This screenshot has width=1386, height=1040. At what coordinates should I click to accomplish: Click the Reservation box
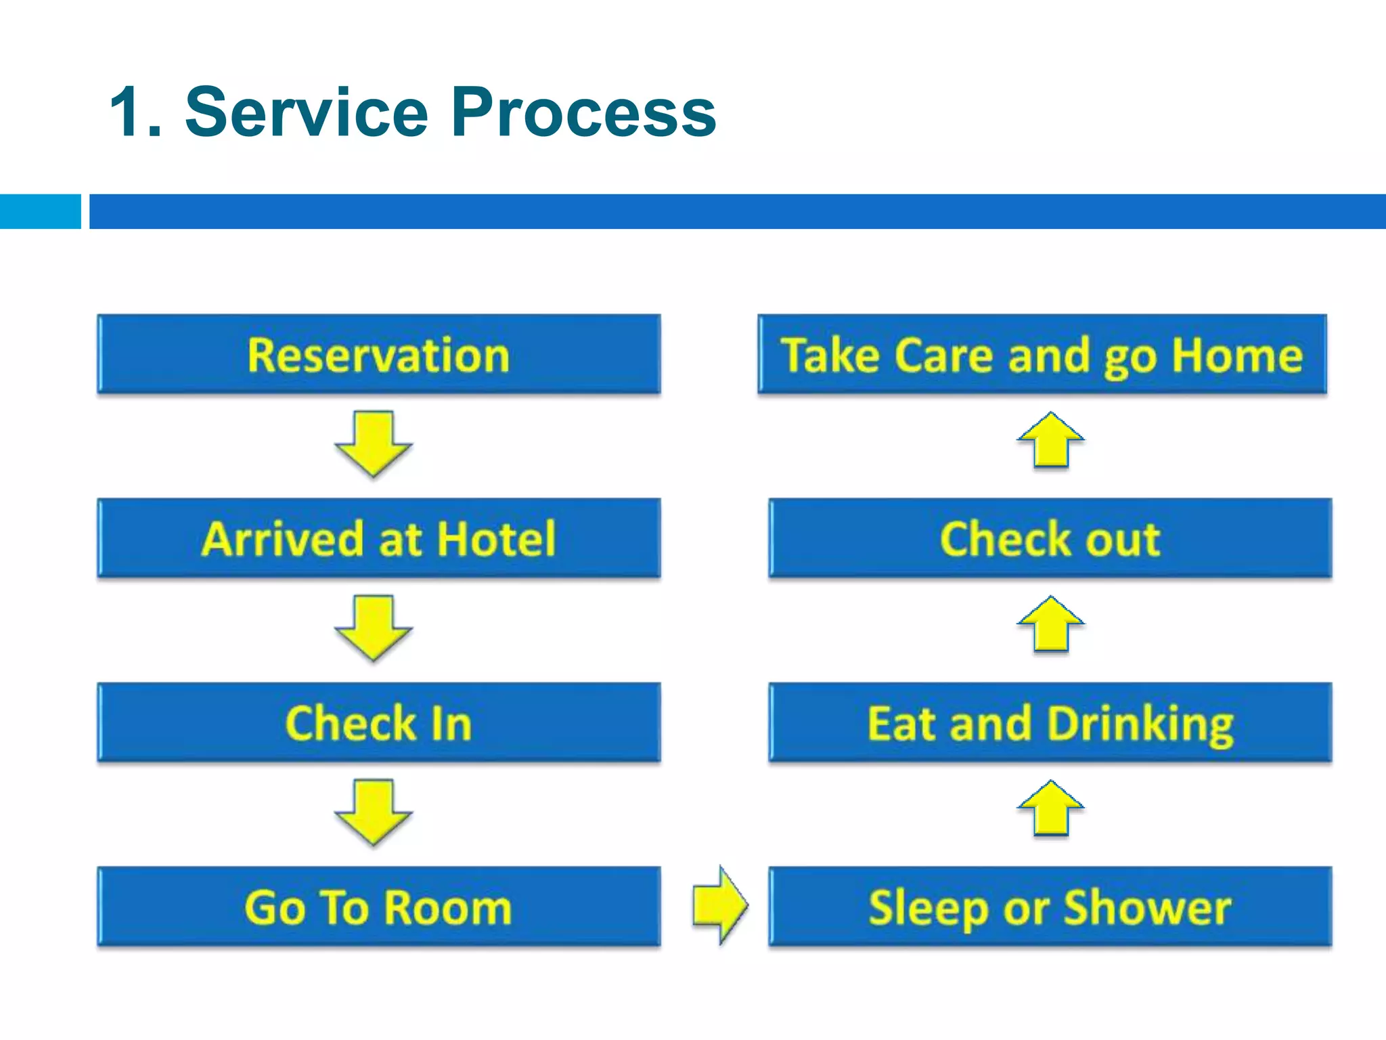[379, 354]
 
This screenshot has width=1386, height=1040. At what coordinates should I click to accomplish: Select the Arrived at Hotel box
[379, 538]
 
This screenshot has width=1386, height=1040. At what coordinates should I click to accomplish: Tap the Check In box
[379, 722]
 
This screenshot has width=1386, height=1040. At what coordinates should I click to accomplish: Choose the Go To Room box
[379, 907]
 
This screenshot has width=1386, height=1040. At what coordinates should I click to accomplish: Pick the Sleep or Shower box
[1050, 907]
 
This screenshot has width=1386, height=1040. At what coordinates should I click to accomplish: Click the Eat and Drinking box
[1050, 722]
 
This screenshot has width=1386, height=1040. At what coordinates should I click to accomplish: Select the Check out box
[1050, 538]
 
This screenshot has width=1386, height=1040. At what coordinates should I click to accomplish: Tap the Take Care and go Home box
[1042, 354]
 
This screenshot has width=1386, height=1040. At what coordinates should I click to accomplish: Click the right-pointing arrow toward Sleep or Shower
[720, 905]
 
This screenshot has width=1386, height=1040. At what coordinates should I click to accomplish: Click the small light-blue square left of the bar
[40, 211]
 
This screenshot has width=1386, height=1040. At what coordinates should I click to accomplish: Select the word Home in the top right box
[1237, 355]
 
